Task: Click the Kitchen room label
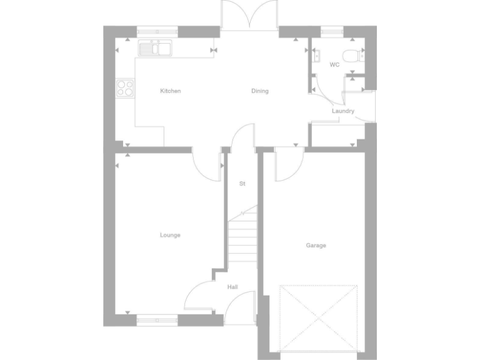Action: click(171, 91)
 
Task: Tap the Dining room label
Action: click(260, 91)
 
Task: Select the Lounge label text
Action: click(170, 236)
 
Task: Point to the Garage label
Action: click(316, 246)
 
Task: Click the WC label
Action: click(334, 64)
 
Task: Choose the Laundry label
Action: click(343, 111)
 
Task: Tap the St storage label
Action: click(242, 184)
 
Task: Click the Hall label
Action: click(232, 287)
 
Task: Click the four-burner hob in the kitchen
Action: click(125, 88)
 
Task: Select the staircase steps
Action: click(242, 241)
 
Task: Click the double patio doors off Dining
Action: click(250, 16)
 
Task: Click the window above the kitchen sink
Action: click(157, 29)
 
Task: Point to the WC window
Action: click(332, 29)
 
